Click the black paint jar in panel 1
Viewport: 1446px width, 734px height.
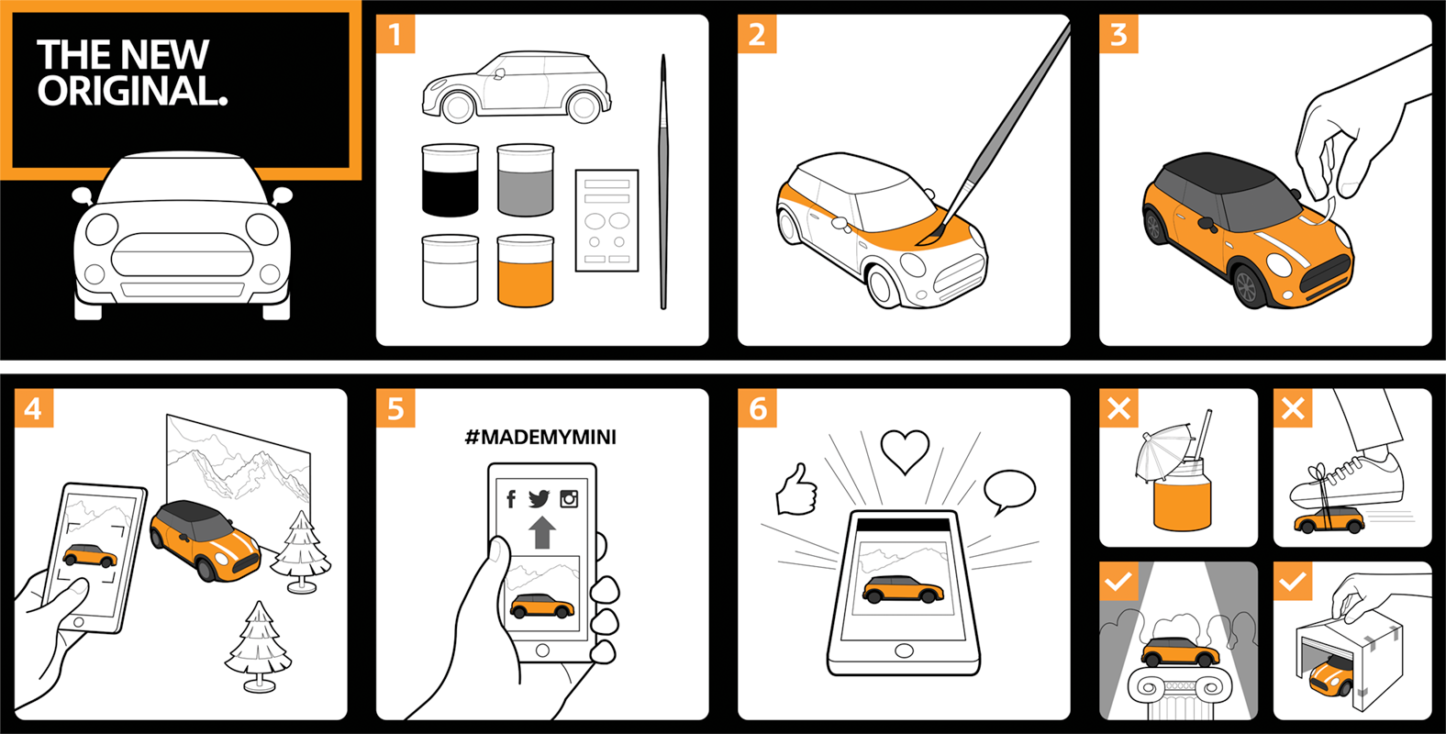point(450,180)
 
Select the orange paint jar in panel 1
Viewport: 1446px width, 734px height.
point(526,271)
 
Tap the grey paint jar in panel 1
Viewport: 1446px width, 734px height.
point(526,180)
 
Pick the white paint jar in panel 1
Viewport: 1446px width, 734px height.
point(450,271)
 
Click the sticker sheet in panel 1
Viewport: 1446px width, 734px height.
point(606,221)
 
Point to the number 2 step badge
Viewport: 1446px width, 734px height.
point(757,34)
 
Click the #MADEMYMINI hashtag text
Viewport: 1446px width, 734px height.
point(541,437)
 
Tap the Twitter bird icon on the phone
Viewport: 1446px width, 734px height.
point(539,498)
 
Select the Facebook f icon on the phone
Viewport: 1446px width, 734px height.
point(511,499)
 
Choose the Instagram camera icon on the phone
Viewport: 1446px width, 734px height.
point(569,498)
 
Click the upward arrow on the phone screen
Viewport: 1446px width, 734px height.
point(542,532)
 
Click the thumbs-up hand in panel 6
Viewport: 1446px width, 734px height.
point(797,491)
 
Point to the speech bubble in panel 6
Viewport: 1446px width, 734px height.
point(1009,492)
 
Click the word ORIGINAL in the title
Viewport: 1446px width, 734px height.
point(132,91)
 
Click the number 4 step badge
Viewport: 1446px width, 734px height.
point(34,408)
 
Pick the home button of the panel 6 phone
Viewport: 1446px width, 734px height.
point(904,651)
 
